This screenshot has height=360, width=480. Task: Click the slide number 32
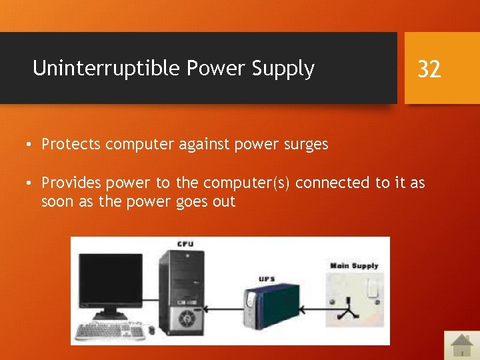(x=429, y=68)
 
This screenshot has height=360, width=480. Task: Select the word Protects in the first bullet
(x=71, y=144)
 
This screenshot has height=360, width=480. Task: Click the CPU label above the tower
(x=185, y=244)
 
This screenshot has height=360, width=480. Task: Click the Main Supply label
(x=354, y=266)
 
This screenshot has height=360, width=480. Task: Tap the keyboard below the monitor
(x=111, y=331)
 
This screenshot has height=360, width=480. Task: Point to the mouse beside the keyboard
(x=152, y=330)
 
